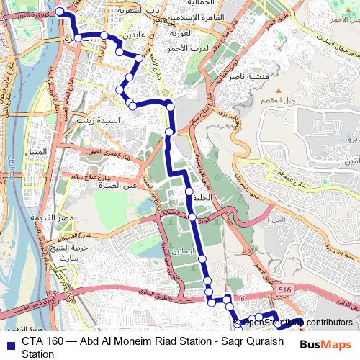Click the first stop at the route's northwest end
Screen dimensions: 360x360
point(60,12)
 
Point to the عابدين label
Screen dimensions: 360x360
point(139,34)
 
